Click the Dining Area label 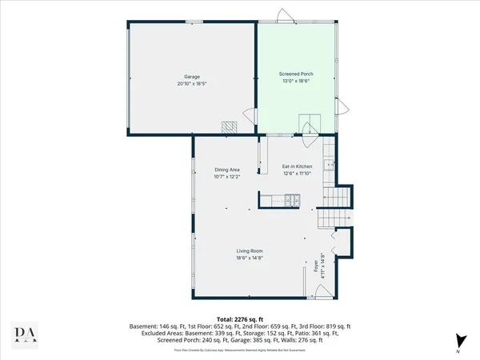pos(227,170)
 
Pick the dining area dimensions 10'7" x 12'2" pos(227,176)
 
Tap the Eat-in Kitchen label pos(297,166)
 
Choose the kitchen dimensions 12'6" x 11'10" pos(297,173)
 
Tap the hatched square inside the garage pos(230,127)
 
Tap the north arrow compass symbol pos(458,340)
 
